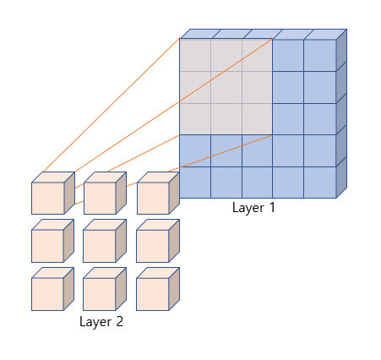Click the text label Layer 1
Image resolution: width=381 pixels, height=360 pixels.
pyautogui.click(x=253, y=208)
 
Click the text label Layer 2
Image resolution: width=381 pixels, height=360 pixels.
pyautogui.click(x=101, y=322)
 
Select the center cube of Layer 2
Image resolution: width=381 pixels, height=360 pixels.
pyautogui.click(x=105, y=241)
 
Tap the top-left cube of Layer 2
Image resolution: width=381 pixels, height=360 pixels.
pyautogui.click(x=53, y=193)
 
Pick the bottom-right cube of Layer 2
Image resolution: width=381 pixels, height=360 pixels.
pyautogui.click(x=158, y=289)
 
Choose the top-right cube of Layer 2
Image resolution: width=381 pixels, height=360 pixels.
pyautogui.click(x=158, y=193)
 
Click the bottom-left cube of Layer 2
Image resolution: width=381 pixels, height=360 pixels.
pyautogui.click(x=52, y=289)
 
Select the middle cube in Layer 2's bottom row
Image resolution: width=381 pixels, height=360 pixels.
pyautogui.click(x=105, y=289)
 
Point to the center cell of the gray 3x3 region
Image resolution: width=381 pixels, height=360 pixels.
pyautogui.click(x=226, y=87)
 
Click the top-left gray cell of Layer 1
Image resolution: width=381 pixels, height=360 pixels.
pyautogui.click(x=195, y=55)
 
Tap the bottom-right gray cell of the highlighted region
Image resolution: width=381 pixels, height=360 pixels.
pyautogui.click(x=257, y=119)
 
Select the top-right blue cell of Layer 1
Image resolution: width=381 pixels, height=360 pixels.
pyautogui.click(x=320, y=55)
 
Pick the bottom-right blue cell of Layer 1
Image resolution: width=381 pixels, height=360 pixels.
pyautogui.click(x=320, y=183)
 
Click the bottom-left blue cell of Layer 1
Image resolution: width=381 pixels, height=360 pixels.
pyautogui.click(x=195, y=183)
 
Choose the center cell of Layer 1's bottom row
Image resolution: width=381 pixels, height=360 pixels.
pyautogui.click(x=257, y=183)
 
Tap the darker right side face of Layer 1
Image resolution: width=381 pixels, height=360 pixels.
pyautogui.click(x=341, y=113)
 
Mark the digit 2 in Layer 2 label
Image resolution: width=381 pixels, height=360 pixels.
pyautogui.click(x=120, y=321)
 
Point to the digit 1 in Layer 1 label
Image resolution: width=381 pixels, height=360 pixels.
pyautogui.click(x=272, y=207)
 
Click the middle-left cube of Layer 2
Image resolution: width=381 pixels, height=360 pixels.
pyautogui.click(x=52, y=241)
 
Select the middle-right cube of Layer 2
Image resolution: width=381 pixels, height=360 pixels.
pyautogui.click(x=158, y=241)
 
